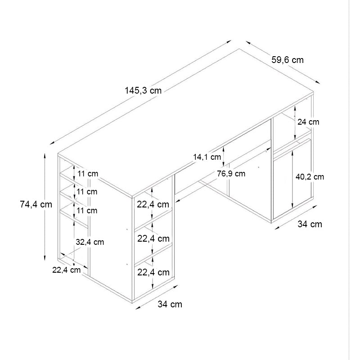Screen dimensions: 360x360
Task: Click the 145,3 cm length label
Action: (x=143, y=90)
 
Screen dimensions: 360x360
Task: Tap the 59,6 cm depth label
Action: (x=288, y=59)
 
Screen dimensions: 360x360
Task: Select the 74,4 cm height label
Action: (x=36, y=204)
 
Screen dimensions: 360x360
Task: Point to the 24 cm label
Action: (x=308, y=121)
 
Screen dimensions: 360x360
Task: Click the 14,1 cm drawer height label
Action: (x=207, y=157)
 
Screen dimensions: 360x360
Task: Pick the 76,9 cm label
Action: (x=231, y=173)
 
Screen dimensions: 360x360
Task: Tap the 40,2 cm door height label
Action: (x=310, y=176)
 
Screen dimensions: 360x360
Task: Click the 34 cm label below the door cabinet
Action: (x=310, y=224)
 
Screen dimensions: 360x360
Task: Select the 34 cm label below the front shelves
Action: (x=170, y=304)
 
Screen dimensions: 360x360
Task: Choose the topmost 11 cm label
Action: (x=87, y=174)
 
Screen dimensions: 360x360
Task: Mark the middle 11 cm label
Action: (x=87, y=192)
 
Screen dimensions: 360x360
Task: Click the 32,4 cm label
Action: (x=90, y=242)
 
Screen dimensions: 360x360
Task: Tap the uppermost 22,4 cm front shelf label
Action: (x=153, y=204)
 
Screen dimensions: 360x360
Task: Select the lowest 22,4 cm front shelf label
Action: (x=153, y=272)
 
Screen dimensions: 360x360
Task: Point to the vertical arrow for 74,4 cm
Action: (x=45, y=207)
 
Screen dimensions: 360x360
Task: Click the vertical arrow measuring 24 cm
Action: (x=295, y=122)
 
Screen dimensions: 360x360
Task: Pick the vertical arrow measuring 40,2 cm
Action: (x=293, y=178)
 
